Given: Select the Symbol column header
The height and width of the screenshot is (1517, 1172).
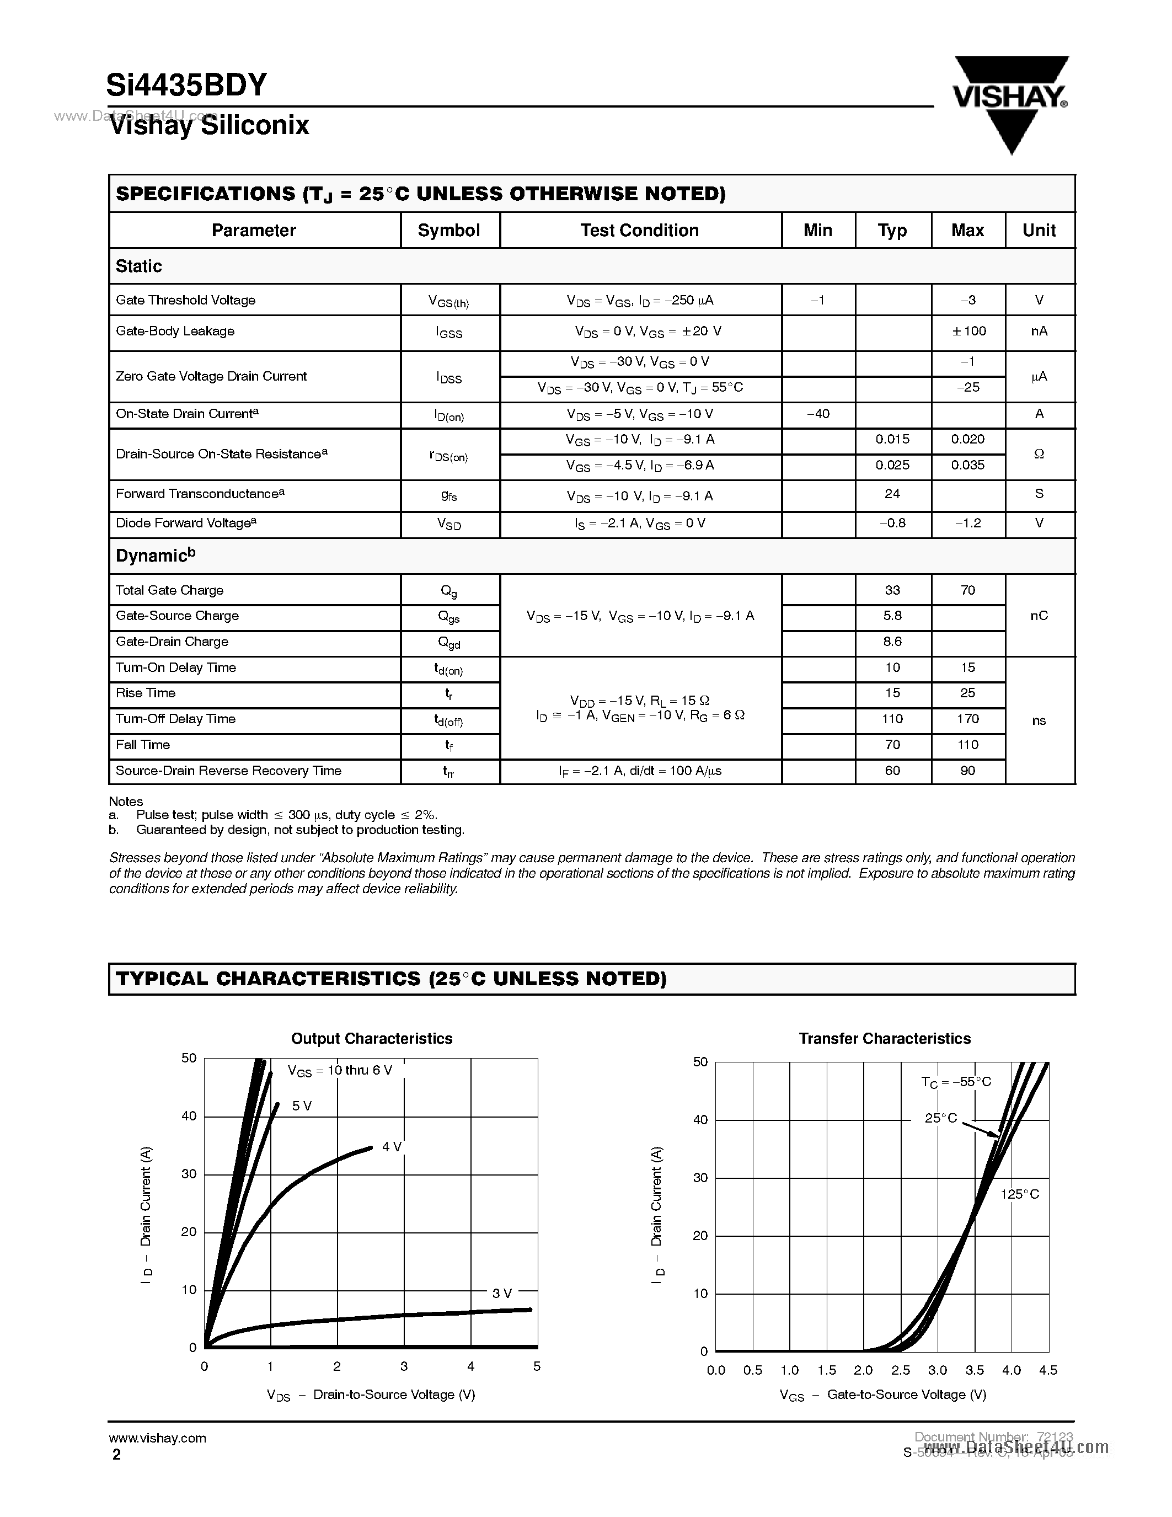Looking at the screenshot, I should [x=448, y=231].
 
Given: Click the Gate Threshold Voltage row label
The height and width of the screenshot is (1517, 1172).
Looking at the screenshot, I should [x=185, y=300].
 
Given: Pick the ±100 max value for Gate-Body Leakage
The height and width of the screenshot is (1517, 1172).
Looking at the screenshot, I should [x=968, y=332].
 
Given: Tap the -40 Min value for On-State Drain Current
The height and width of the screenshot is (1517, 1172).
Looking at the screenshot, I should [x=818, y=414].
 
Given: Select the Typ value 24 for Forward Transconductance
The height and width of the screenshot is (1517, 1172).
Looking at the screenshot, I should [x=892, y=494].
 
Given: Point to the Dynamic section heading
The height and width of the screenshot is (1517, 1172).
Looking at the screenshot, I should [x=156, y=555].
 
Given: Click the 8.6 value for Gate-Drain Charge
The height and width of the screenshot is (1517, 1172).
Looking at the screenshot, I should [x=892, y=642].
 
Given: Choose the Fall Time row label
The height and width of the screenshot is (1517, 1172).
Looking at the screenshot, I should [x=143, y=745].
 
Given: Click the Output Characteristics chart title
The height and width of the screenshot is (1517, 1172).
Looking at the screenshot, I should [x=372, y=1038].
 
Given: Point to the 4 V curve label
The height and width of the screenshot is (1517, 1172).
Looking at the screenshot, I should [x=392, y=1147].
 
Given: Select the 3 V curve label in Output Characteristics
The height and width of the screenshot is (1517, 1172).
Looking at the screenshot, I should [x=501, y=1294].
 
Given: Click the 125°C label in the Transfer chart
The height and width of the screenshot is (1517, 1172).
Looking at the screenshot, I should [x=1019, y=1194].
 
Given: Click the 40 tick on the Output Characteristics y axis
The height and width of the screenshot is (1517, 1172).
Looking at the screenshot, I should [x=189, y=1116].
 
